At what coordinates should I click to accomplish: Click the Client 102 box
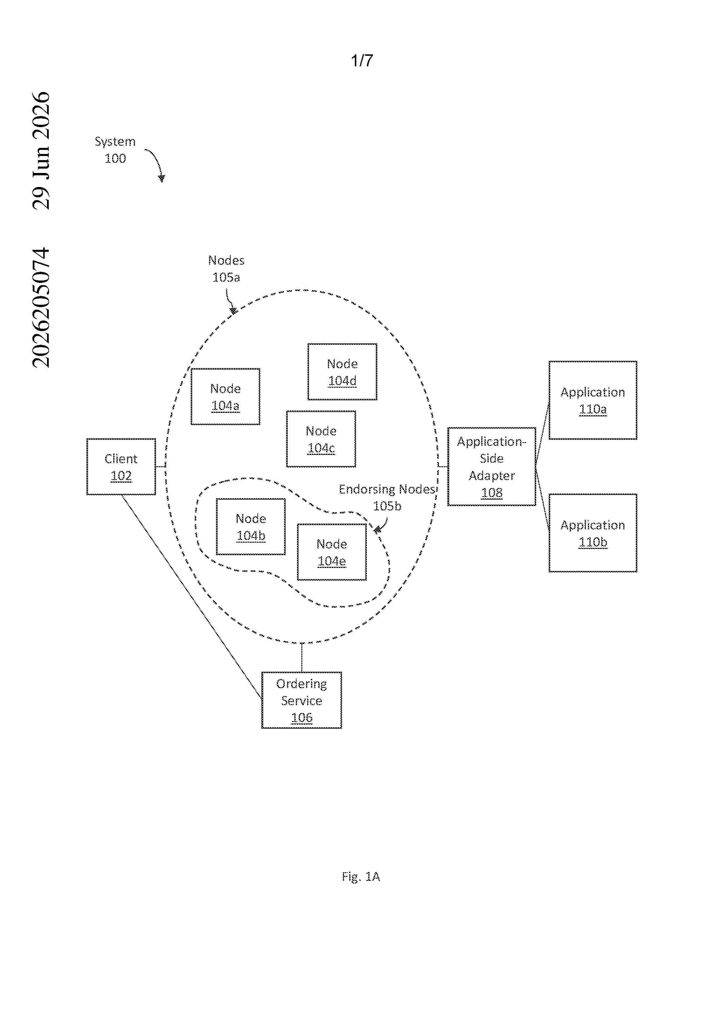pyautogui.click(x=121, y=467)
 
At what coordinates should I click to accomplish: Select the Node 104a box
pyautogui.click(x=225, y=397)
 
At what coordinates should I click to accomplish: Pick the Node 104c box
pyautogui.click(x=321, y=439)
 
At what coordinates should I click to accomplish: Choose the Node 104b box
pyautogui.click(x=251, y=527)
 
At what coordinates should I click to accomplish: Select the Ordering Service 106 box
pyautogui.click(x=302, y=700)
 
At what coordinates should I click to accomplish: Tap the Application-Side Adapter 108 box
pyautogui.click(x=492, y=467)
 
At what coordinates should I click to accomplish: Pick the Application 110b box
pyautogui.click(x=593, y=533)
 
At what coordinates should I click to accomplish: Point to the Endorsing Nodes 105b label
pyautogui.click(x=387, y=497)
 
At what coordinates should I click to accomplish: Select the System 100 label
pyautogui.click(x=115, y=150)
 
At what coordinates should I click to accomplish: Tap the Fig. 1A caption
pyautogui.click(x=361, y=877)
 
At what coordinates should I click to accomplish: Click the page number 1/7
pyautogui.click(x=362, y=60)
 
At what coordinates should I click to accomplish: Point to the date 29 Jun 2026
pyautogui.click(x=41, y=150)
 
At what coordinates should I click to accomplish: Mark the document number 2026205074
pyautogui.click(x=41, y=308)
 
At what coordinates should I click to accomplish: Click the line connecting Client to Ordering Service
pyautogui.click(x=192, y=597)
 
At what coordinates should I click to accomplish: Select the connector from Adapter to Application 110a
pyautogui.click(x=542, y=432)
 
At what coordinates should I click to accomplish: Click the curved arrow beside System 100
pyautogui.click(x=157, y=163)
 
